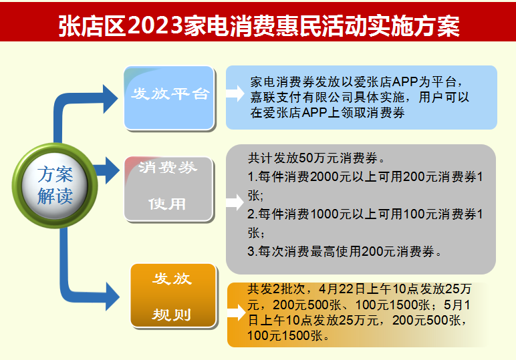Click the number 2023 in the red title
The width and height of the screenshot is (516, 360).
coord(155,25)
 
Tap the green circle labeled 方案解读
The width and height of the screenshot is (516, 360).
coord(55,186)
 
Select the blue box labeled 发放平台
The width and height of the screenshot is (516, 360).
coord(169,98)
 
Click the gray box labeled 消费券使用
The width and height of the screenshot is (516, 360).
coord(169,189)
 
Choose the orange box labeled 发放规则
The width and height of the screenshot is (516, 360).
coord(173,296)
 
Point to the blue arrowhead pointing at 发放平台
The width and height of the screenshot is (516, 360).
coord(110,99)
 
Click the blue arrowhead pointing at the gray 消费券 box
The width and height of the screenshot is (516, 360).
coord(112,170)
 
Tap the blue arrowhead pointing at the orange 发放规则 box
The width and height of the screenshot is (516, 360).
coord(112,297)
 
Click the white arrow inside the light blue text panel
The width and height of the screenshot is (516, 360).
coord(235,93)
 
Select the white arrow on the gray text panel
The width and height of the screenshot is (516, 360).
coord(235,202)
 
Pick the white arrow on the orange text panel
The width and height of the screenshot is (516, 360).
coord(237,313)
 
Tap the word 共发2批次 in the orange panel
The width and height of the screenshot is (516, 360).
coord(277,289)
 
